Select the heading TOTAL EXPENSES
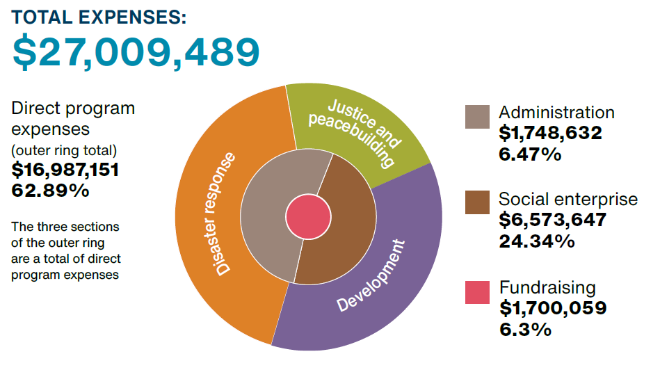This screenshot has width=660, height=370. (99, 17)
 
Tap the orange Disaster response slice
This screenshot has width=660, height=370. (209, 209)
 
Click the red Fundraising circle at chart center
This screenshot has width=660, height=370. (307, 215)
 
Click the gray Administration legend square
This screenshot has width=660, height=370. (478, 117)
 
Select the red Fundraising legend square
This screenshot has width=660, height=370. (478, 292)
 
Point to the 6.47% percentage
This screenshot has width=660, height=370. (530, 154)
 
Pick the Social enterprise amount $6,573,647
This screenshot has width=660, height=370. (553, 220)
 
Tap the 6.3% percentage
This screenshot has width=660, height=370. (525, 329)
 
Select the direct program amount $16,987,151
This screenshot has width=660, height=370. (66, 169)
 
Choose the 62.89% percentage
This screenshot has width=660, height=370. (51, 190)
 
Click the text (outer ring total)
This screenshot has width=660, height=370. (64, 149)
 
